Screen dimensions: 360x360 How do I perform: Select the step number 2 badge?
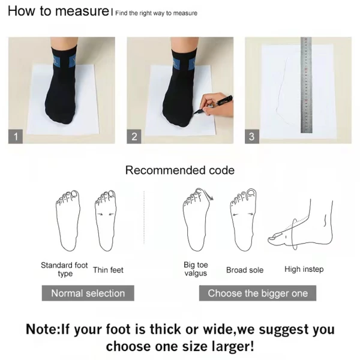point(135,137)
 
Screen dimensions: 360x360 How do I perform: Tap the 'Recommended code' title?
point(179,170)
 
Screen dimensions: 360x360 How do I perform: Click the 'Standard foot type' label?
point(64,269)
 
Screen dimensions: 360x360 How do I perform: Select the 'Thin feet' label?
point(108,270)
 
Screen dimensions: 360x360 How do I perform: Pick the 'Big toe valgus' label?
point(195,269)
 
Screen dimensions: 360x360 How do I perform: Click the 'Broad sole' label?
point(244,270)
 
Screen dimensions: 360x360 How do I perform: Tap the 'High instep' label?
point(304,269)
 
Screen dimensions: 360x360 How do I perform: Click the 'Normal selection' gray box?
point(88,293)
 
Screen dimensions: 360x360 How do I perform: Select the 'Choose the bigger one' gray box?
point(257,293)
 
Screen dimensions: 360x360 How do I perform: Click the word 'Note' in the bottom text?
point(42,329)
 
